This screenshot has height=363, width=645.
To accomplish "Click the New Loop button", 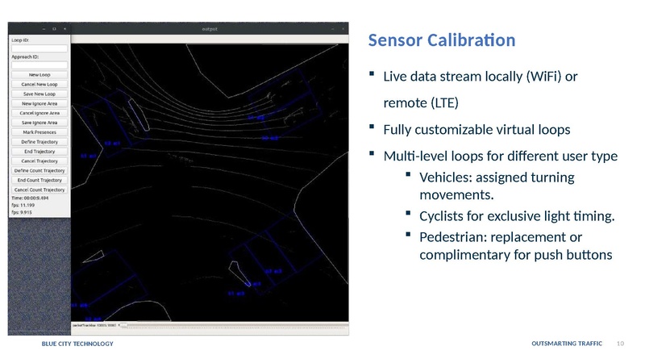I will [40, 75].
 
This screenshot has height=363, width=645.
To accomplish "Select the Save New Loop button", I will [40, 94].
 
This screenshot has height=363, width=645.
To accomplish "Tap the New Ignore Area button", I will [40, 104].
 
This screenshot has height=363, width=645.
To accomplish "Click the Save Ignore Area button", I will [40, 123].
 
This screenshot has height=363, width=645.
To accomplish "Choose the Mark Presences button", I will [40, 132].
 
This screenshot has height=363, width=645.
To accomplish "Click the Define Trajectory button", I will [40, 142].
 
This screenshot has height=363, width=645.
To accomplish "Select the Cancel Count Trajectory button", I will [40, 190].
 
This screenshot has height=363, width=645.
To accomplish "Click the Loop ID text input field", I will [40, 47].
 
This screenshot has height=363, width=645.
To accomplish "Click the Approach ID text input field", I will [40, 65].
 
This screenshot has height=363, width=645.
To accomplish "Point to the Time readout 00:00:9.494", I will [30, 198].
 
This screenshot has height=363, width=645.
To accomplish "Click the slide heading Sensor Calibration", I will [441, 40].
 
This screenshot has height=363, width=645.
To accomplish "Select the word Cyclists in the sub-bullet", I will [444, 215].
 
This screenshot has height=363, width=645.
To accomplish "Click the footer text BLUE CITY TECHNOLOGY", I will [77, 344].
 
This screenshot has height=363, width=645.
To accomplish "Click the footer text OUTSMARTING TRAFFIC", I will [567, 344].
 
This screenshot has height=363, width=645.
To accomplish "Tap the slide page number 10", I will [620, 344].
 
